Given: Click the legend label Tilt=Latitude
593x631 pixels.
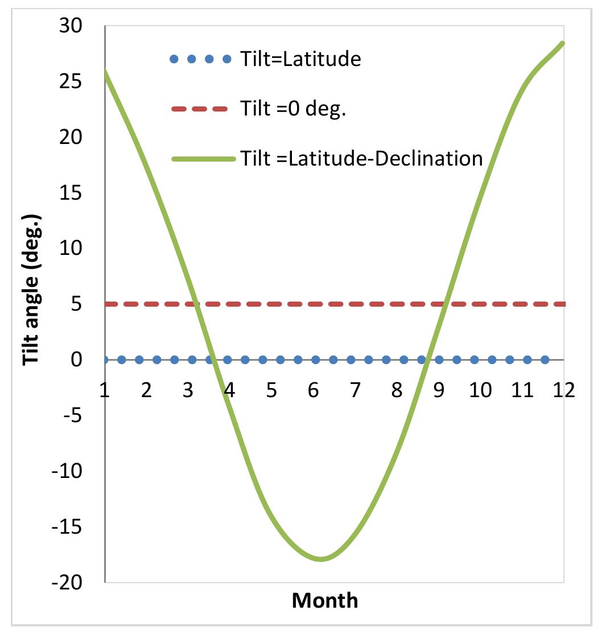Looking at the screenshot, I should (x=300, y=59).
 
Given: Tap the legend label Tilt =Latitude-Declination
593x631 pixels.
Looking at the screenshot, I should (x=361, y=158).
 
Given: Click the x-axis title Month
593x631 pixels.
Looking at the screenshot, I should (x=325, y=600).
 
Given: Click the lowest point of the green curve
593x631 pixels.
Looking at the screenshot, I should (x=321, y=559).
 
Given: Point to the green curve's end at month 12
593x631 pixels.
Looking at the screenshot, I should (x=562, y=43).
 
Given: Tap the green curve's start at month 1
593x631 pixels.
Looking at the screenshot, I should (x=106, y=72).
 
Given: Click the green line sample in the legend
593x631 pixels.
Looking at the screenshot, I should (x=203, y=159).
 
